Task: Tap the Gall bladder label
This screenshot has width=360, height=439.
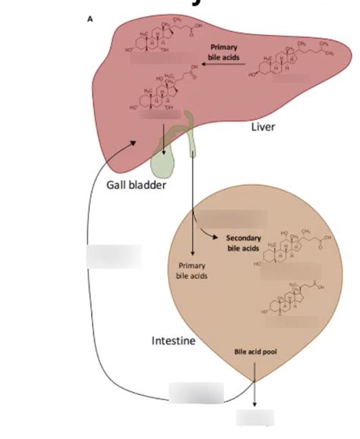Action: click(137, 186)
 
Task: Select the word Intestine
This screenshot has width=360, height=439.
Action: click(173, 340)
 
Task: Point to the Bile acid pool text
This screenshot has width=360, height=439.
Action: click(254, 352)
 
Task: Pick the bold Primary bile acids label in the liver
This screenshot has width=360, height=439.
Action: click(223, 51)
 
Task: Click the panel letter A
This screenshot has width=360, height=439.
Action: click(90, 21)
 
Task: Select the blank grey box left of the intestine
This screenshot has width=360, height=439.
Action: click(113, 255)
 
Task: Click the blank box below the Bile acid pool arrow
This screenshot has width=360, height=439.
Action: click(254, 418)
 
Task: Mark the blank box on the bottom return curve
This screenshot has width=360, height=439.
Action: click(196, 393)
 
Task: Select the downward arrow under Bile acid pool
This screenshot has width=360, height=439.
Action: click(254, 387)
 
